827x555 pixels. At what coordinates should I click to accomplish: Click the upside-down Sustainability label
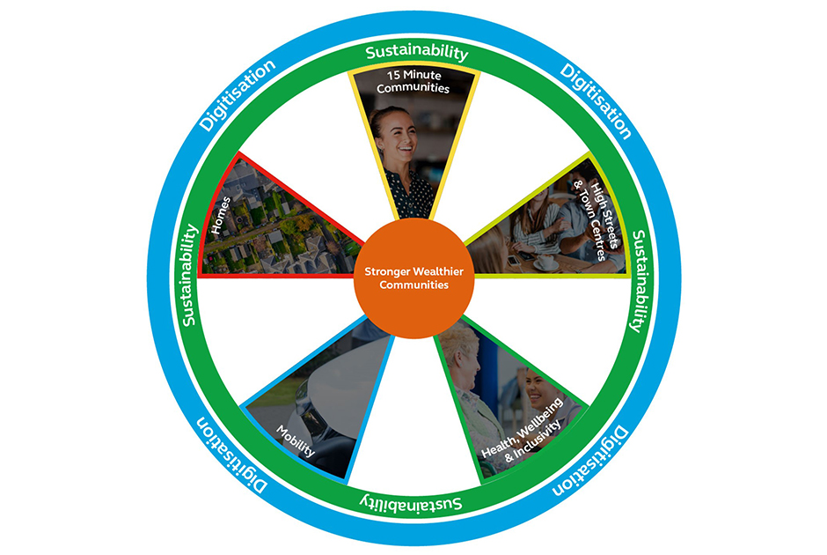pos(413,505)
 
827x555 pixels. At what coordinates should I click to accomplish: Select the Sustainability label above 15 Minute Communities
pos(416,51)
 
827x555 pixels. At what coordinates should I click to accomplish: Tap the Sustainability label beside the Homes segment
pos(190,273)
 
